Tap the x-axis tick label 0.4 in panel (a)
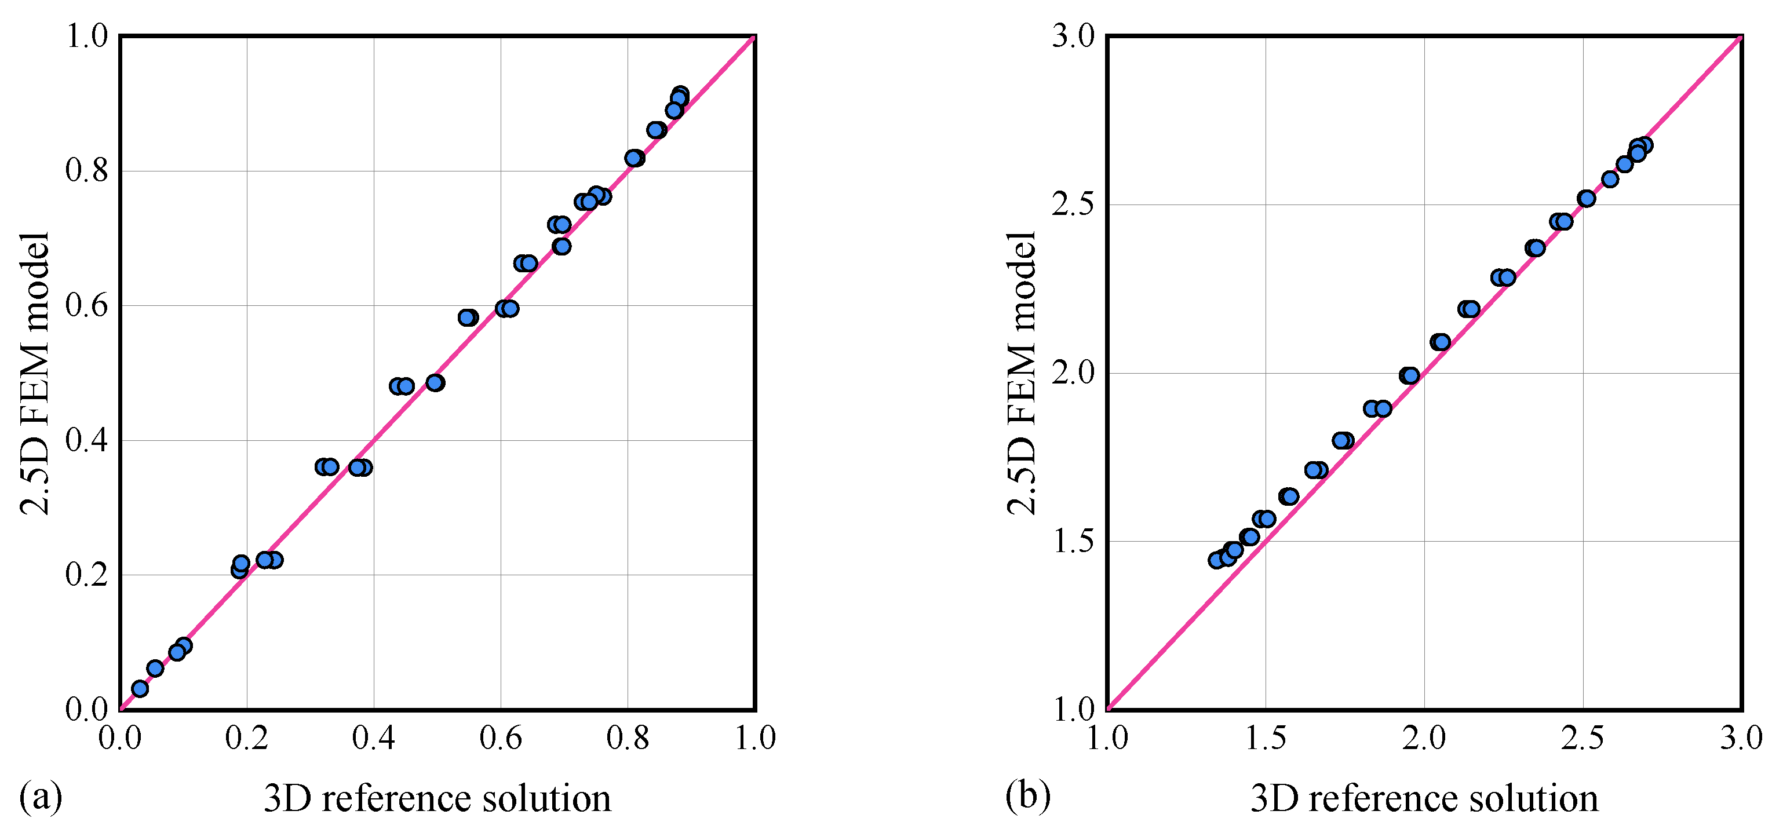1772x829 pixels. tap(374, 738)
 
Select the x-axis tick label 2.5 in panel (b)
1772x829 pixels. tap(1582, 738)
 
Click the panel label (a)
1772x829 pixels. tap(41, 796)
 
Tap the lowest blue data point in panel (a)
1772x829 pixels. tap(140, 689)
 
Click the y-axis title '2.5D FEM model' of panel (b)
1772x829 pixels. tap(1022, 373)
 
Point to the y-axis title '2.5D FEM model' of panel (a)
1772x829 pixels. tap(34, 373)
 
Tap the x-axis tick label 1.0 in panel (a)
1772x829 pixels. tap(755, 738)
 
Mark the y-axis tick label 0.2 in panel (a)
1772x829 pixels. tap(87, 575)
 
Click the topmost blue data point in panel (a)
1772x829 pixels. tap(680, 94)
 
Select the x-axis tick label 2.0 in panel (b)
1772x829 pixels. tap(1424, 738)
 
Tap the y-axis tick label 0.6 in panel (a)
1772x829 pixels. tap(87, 305)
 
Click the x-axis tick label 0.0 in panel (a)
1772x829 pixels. tap(120, 738)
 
